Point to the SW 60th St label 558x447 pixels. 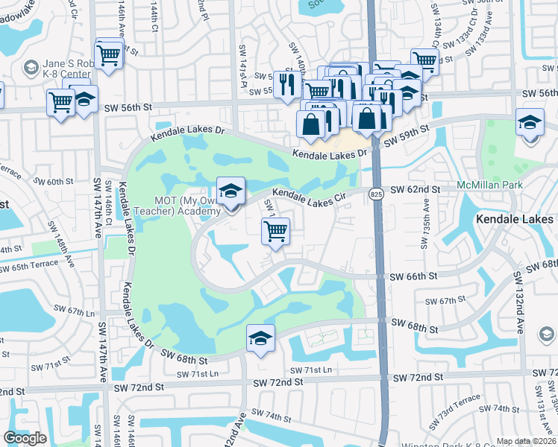point(54,181)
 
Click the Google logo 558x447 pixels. point(25,438)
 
